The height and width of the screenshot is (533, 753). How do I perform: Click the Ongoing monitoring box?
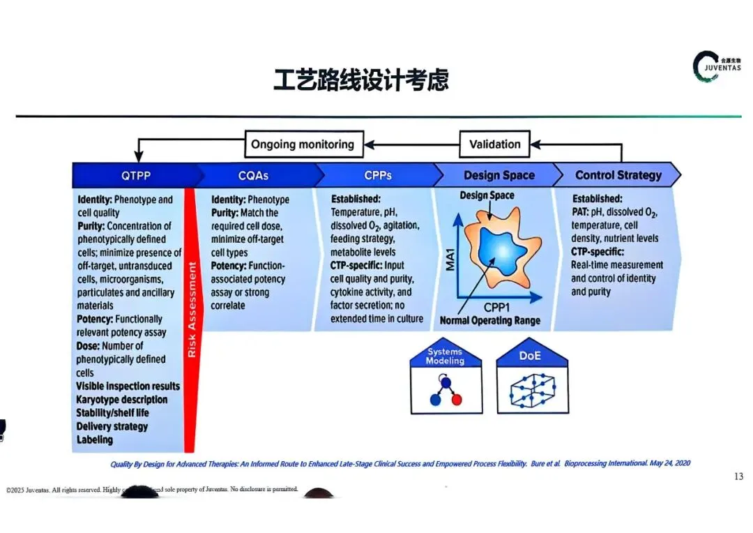tap(303, 145)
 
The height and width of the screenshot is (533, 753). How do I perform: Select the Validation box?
tap(494, 145)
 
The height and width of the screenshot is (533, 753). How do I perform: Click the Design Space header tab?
tap(499, 175)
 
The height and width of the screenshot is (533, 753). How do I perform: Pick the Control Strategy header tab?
tap(618, 175)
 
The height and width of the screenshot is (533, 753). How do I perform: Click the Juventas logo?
tap(707, 67)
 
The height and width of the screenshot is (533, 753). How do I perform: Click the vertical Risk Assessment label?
tap(192, 310)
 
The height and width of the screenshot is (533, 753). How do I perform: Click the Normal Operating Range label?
tap(489, 321)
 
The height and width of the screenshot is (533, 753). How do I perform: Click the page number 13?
tap(738, 476)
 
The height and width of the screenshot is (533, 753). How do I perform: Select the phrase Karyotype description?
tap(122, 400)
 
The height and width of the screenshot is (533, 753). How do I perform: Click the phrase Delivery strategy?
tap(112, 426)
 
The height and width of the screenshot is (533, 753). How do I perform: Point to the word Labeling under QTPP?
tap(95, 440)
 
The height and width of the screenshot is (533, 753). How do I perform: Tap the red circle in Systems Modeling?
tap(457, 400)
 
